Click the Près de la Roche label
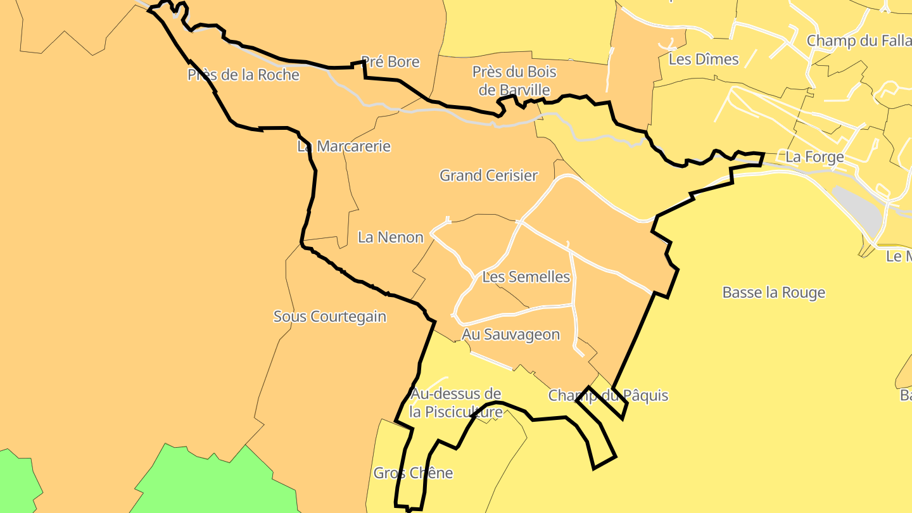[x=243, y=75]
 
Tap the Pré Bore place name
[x=390, y=62]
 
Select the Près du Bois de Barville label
[x=510, y=80]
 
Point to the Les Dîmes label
[x=704, y=60]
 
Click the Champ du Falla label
[x=858, y=41]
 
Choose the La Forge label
[x=814, y=156]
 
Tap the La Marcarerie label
[x=344, y=146]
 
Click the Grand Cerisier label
[x=488, y=175]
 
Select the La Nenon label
[x=390, y=237]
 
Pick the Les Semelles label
[x=526, y=277]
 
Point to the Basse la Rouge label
[x=773, y=293]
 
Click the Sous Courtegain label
[x=329, y=317]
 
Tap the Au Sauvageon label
[x=510, y=334]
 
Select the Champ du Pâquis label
[x=608, y=396]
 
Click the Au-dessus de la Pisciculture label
[x=456, y=403]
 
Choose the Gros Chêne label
[x=413, y=473]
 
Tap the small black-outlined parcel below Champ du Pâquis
[x=598, y=437]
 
